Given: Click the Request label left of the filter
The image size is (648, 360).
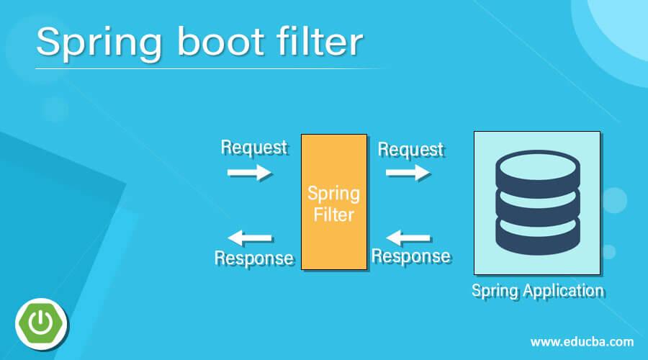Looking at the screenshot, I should pyautogui.click(x=254, y=147).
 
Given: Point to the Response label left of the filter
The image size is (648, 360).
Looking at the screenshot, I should pyautogui.click(x=254, y=257).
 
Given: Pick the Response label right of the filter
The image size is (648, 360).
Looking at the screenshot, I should pyautogui.click(x=410, y=256).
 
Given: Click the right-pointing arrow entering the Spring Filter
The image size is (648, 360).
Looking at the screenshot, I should pyautogui.click(x=249, y=172).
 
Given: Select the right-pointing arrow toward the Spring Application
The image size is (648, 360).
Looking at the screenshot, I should pyautogui.click(x=408, y=172).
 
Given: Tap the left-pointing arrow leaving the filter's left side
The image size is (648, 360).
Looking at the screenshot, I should pyautogui.click(x=249, y=238).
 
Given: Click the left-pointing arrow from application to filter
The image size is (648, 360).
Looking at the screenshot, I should pyautogui.click(x=409, y=237).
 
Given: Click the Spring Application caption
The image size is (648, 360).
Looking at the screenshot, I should pyautogui.click(x=537, y=291).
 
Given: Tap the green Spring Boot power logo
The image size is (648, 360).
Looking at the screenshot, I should pyautogui.click(x=41, y=319).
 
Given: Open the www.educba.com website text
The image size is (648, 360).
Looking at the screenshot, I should pyautogui.click(x=582, y=341).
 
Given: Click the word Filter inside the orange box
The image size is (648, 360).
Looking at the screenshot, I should pyautogui.click(x=333, y=214).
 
